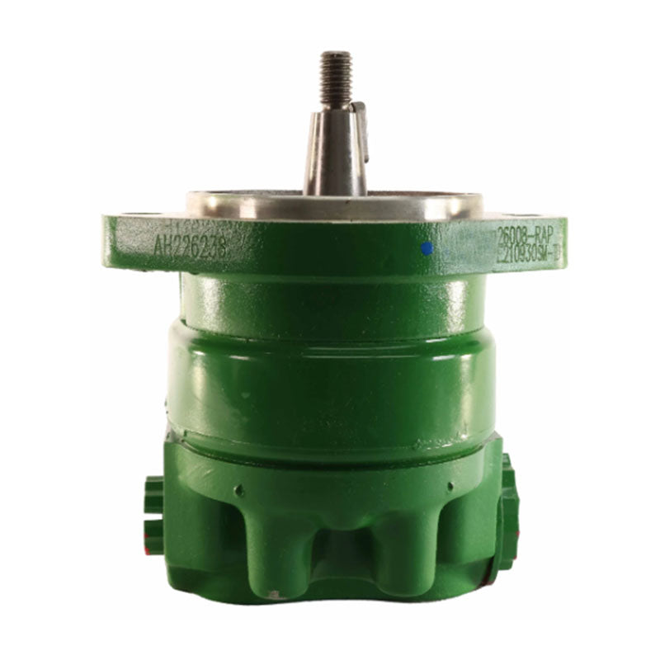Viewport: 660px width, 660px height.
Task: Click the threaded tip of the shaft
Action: click(x=337, y=78)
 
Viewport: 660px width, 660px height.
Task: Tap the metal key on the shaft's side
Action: click(x=359, y=132)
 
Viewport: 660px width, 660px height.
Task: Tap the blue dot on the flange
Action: click(x=427, y=247)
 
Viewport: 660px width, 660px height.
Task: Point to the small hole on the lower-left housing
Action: click(x=239, y=490)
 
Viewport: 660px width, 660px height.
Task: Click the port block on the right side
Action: click(x=507, y=511)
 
